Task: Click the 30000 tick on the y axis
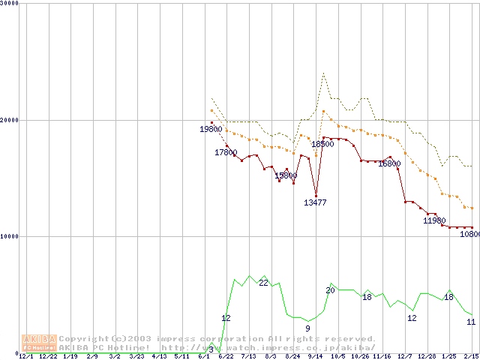10,4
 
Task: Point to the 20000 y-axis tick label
10,120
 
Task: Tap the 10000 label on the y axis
10,236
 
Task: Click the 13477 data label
315,203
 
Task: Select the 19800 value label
211,130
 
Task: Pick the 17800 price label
226,153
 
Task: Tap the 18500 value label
322,144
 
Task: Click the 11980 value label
434,221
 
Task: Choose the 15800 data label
286,176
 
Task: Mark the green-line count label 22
263,283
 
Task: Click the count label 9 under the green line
307,328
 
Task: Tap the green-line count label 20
330,290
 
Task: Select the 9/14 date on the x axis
315,356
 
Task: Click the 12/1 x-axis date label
25,356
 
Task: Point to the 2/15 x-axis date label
472,356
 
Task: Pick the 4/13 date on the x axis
159,356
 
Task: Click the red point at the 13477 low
316,196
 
